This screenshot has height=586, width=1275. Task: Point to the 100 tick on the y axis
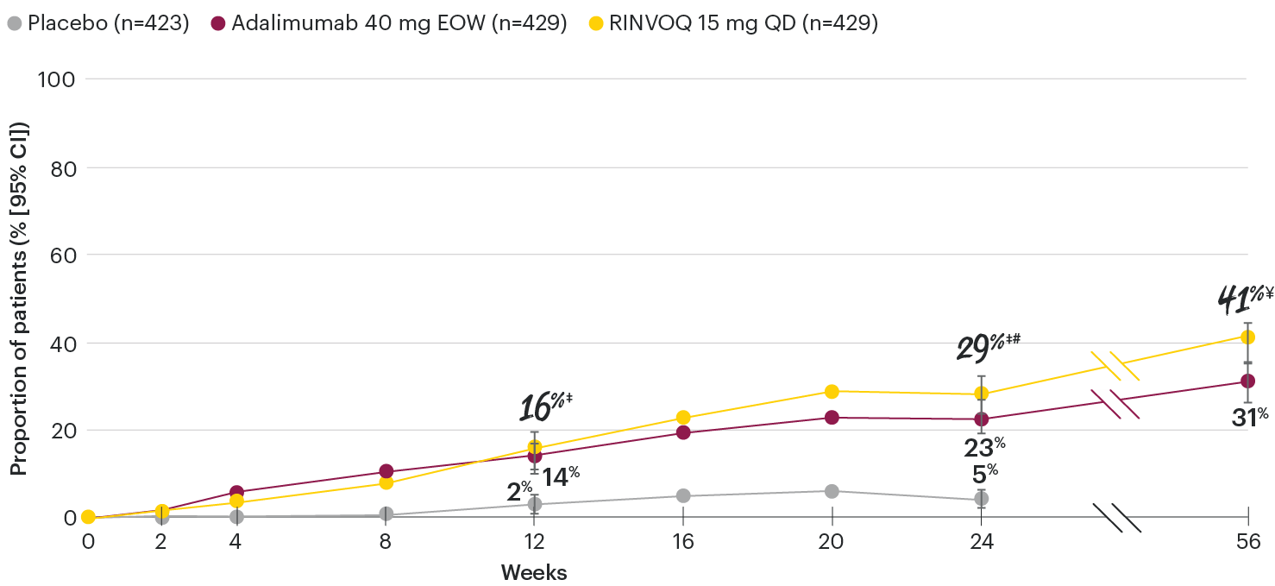pos(56,79)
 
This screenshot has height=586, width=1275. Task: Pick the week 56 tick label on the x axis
pos(1247,543)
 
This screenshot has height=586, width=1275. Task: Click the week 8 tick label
pos(386,543)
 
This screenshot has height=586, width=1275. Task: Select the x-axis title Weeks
pos(534,572)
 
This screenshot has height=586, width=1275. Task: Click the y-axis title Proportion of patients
pos(19,298)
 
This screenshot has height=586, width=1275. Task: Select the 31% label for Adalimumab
pos(1248,417)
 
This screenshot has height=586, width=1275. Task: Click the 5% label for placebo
pos(981,473)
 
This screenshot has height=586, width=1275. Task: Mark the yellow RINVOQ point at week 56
pos(1247,337)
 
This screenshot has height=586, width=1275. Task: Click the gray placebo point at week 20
pos(832,491)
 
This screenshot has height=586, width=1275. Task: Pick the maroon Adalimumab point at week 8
pos(386,471)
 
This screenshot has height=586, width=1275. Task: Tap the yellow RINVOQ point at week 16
pos(683,418)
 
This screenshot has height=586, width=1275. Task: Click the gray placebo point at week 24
pos(981,499)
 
